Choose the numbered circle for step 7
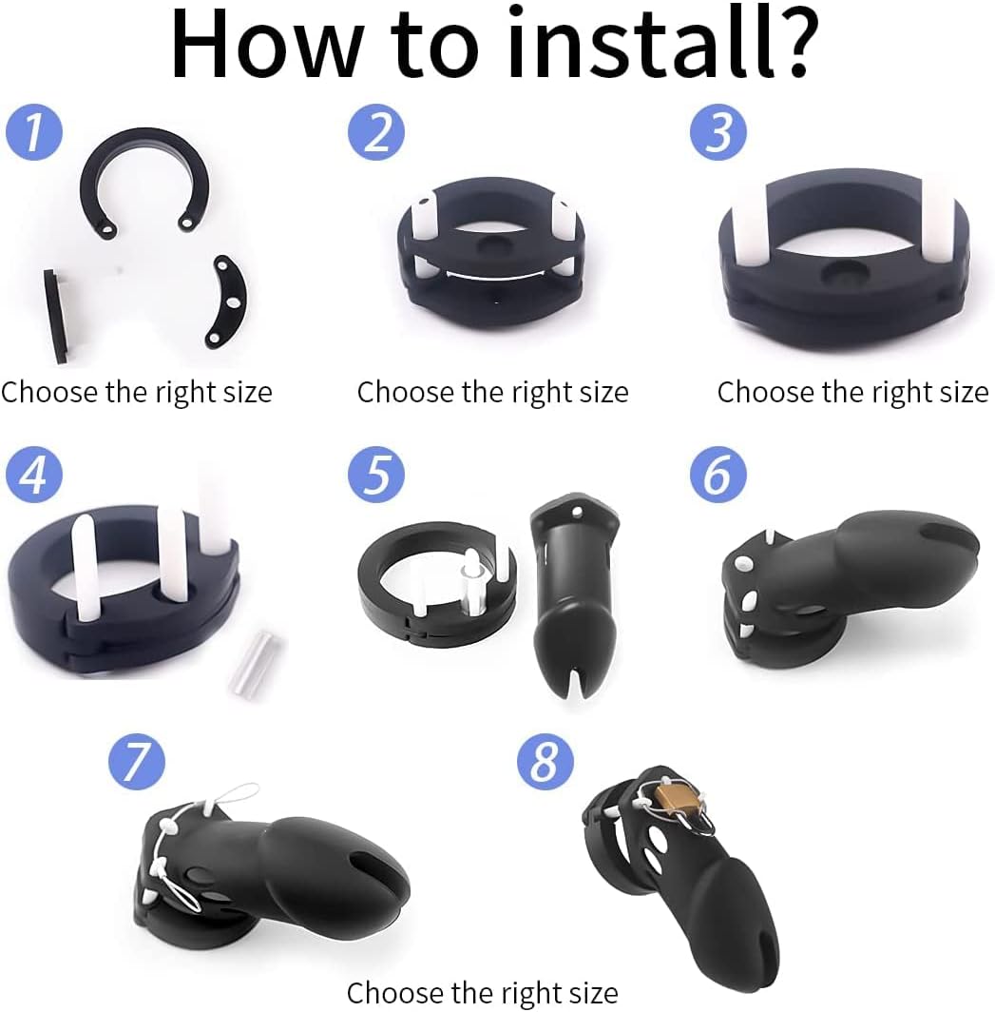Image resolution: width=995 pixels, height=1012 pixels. coord(136,760)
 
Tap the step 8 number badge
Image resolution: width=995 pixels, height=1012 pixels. coord(545,760)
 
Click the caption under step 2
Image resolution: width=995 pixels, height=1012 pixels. coord(492,392)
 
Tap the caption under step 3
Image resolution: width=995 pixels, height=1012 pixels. coord(852,392)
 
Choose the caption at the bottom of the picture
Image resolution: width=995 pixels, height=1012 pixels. coord(482,993)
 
